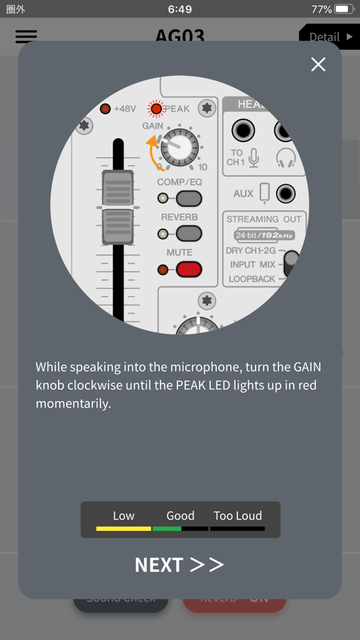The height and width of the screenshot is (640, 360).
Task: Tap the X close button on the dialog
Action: point(318,64)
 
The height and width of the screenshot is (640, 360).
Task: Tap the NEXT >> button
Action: point(179,565)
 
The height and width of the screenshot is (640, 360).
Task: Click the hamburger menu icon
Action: point(26,36)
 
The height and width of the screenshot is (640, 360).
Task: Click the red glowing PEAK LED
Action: point(156,108)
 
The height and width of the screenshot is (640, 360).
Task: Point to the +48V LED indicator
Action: point(105,108)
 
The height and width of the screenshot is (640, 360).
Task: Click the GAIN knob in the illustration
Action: point(179,146)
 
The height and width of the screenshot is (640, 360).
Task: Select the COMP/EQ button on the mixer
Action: point(189,199)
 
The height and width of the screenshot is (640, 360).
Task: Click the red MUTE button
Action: point(189,269)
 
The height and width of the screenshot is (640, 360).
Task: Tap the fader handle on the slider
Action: point(118,207)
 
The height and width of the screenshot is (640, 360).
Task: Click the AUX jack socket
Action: point(286,193)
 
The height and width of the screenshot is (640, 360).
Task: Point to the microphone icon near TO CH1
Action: point(253,158)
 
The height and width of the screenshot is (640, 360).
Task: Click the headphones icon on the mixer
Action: point(286,158)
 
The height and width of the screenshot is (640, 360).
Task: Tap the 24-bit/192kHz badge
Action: point(264,236)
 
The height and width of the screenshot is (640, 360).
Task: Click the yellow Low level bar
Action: point(123,529)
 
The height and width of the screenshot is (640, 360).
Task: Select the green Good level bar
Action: point(167,529)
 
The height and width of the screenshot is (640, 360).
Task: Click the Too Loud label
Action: point(237,516)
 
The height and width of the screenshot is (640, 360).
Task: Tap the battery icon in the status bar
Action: point(344,9)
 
